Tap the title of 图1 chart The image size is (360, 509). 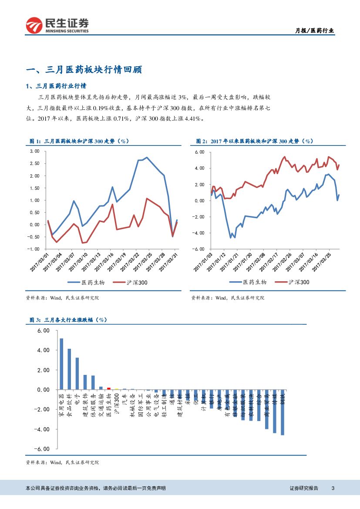pyautogui.click(x=79, y=141)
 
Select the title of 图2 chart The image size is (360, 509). pyautogui.click(x=254, y=141)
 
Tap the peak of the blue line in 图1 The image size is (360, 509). pyautogui.click(x=147, y=157)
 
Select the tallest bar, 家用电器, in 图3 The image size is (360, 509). pyautogui.click(x=61, y=364)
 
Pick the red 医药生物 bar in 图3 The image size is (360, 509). pyautogui.click(x=109, y=388)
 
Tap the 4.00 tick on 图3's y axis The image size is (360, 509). pyautogui.click(x=44, y=350)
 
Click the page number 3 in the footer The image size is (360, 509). pyautogui.click(x=333, y=488)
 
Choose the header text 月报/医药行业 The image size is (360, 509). pyautogui.click(x=315, y=30)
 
